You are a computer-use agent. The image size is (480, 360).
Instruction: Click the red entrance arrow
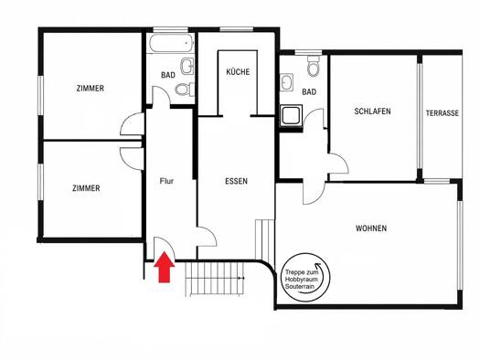coord(165,267)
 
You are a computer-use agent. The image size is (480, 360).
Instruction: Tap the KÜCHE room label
coord(238,72)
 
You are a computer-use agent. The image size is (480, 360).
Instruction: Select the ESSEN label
coord(236,181)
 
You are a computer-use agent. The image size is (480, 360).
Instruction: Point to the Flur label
coord(166,181)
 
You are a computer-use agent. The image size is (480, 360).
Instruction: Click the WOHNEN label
coord(371,228)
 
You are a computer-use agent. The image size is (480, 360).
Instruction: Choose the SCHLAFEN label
coord(372,111)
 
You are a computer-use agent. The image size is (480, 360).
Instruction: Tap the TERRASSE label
coord(443,113)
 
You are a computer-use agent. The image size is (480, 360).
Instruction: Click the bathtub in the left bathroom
coord(172,43)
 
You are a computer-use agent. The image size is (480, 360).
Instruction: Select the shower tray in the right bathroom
coord(291,116)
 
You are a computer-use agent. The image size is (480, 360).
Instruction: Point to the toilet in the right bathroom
coord(314,66)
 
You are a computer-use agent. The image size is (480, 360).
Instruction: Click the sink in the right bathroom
coord(287,82)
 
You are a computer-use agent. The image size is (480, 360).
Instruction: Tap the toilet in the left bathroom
coord(185,90)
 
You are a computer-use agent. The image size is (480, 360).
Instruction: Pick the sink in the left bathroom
coord(187,66)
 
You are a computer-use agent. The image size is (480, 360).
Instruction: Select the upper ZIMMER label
coord(90,89)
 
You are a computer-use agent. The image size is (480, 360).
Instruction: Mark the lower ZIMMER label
coord(86,188)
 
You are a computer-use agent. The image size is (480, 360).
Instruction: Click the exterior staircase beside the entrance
coord(215,280)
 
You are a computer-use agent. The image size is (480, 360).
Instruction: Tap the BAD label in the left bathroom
coord(168,75)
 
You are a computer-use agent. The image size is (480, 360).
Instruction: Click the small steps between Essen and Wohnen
coord(264,239)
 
